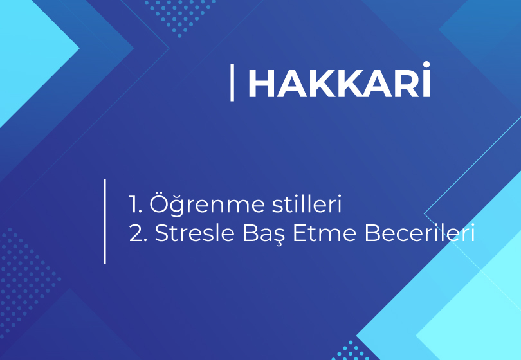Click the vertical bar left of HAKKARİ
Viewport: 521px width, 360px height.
232,83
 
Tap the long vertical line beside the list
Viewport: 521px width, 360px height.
105,221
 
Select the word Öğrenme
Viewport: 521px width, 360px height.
207,203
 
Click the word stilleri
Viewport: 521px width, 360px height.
307,203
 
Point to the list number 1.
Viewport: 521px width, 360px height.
135,204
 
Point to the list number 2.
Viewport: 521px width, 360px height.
138,233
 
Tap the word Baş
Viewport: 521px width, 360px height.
264,234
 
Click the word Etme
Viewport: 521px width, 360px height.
325,233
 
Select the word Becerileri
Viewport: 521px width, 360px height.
419,233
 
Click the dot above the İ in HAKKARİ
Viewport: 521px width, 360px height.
426,64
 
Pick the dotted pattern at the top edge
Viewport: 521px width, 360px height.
180,17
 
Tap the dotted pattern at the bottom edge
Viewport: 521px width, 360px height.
352,351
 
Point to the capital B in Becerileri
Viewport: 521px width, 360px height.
372,233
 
